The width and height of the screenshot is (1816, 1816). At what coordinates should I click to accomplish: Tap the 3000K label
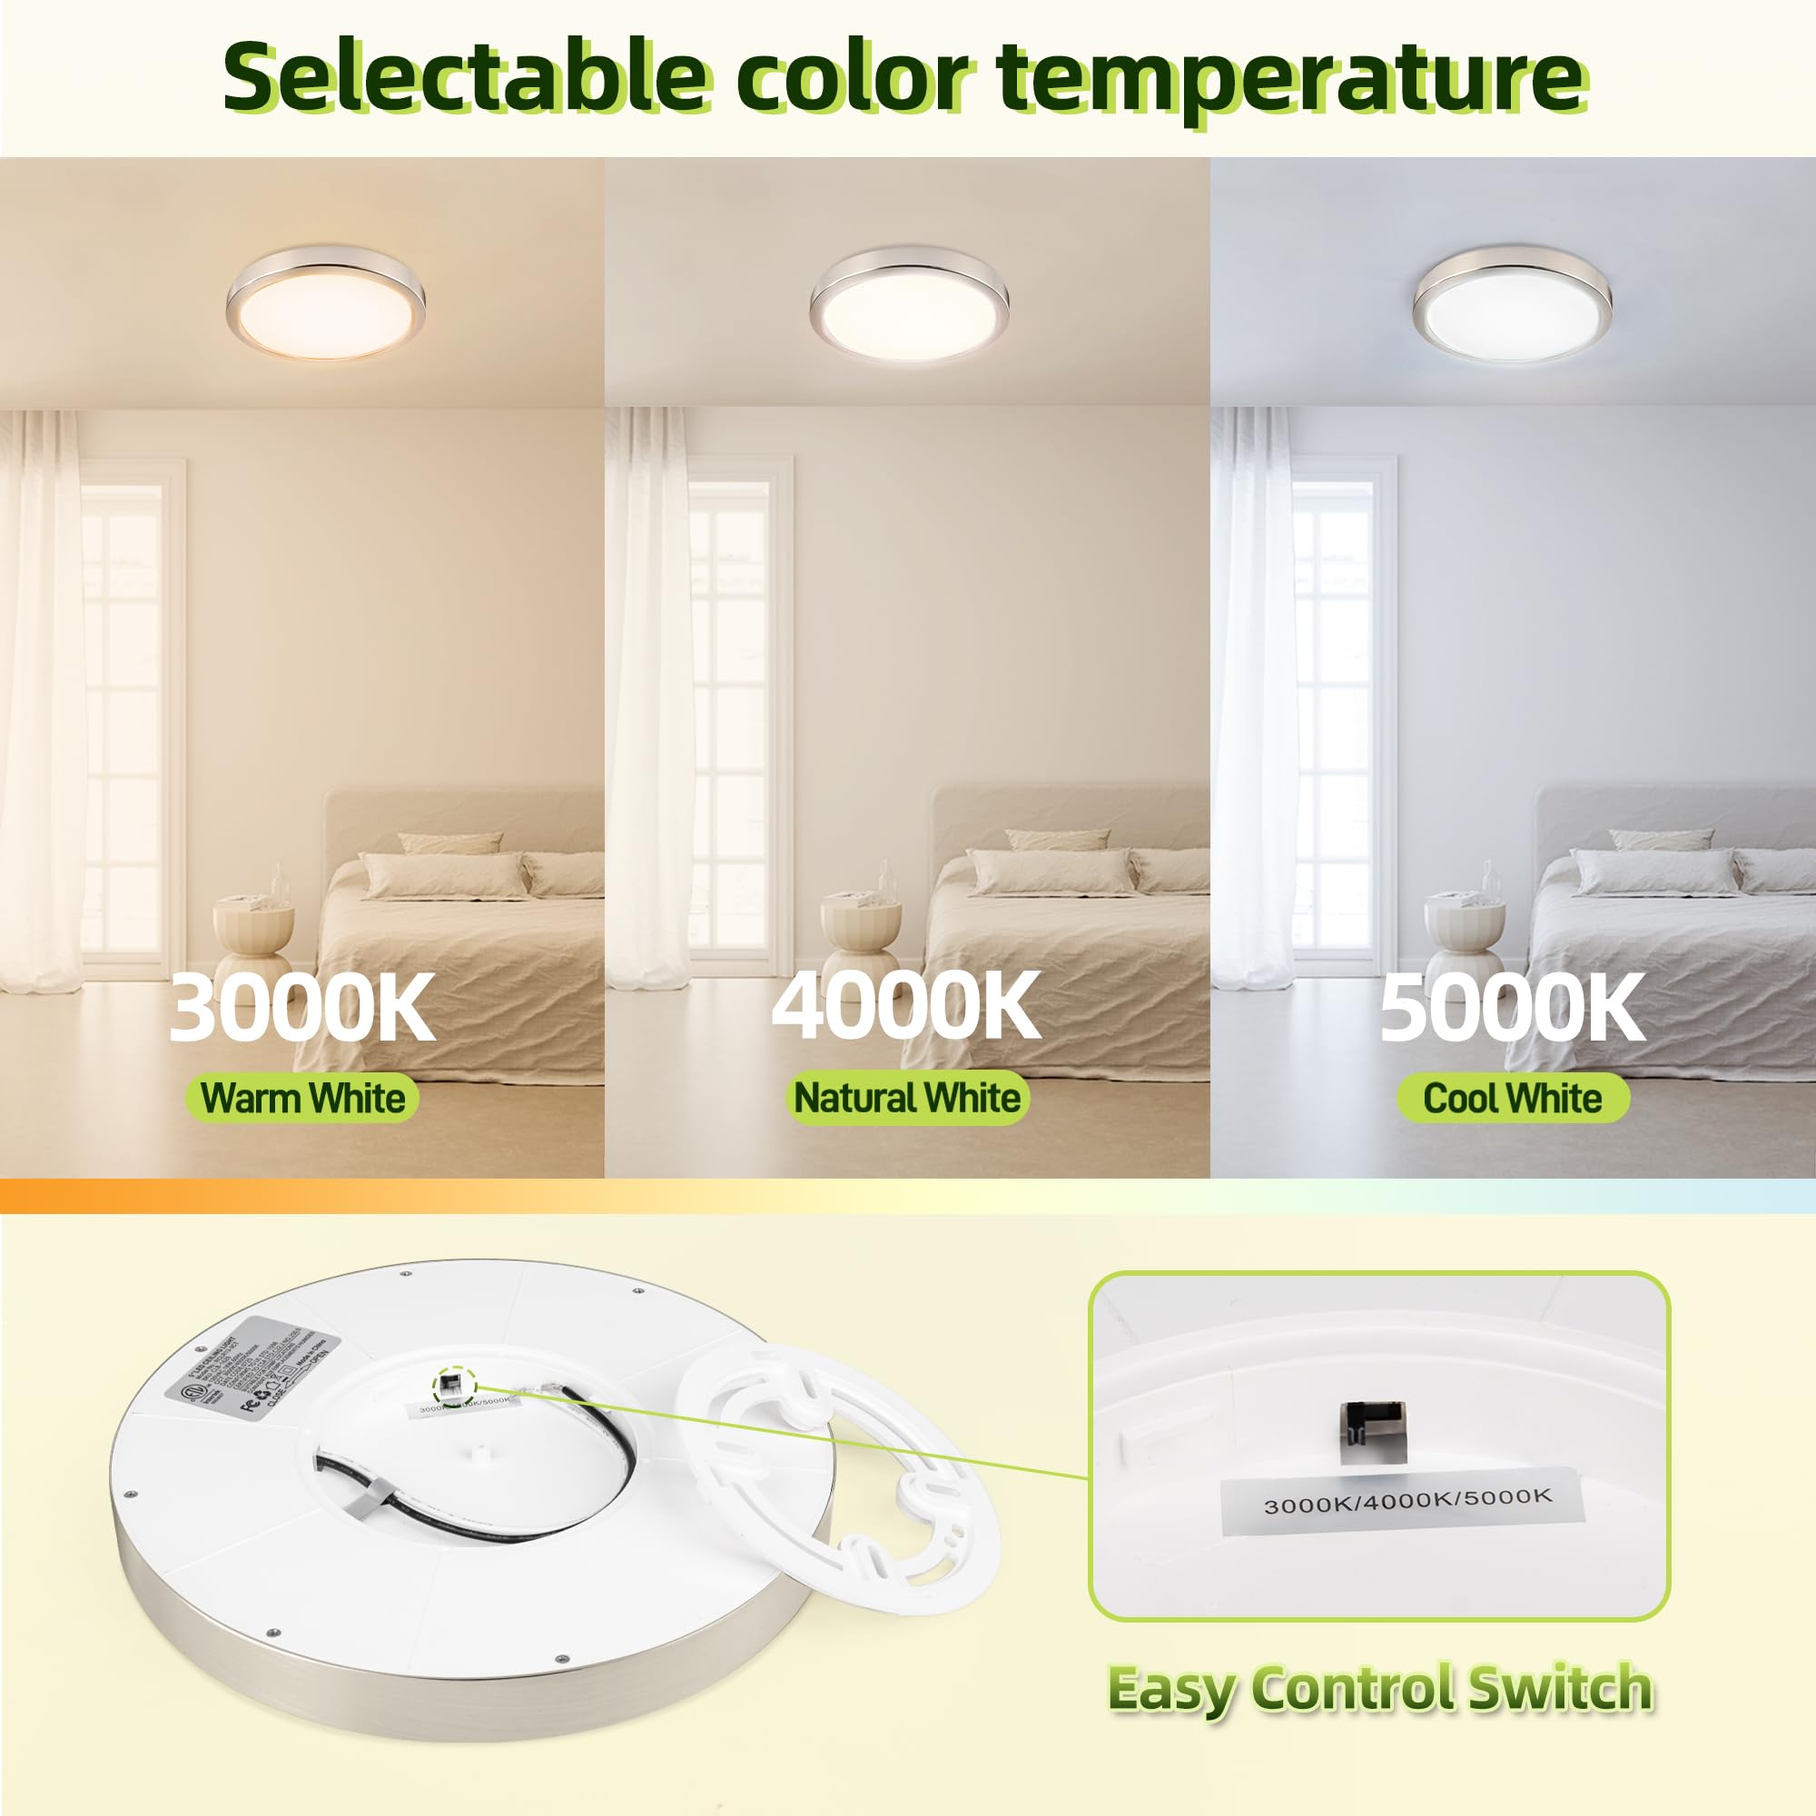pos(301,1007)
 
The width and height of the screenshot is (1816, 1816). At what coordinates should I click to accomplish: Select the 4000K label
pos(906,1007)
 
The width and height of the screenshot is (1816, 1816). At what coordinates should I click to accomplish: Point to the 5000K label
pos(1512,1007)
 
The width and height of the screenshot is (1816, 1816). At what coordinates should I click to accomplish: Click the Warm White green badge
pos(301,1098)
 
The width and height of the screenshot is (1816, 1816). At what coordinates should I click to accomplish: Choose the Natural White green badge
pos(907,1098)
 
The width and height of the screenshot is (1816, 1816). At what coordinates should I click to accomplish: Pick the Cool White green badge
pos(1512,1098)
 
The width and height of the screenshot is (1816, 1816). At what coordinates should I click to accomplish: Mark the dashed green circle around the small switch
pos(453,1385)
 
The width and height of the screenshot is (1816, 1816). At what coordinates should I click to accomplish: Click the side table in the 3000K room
pos(255,940)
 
